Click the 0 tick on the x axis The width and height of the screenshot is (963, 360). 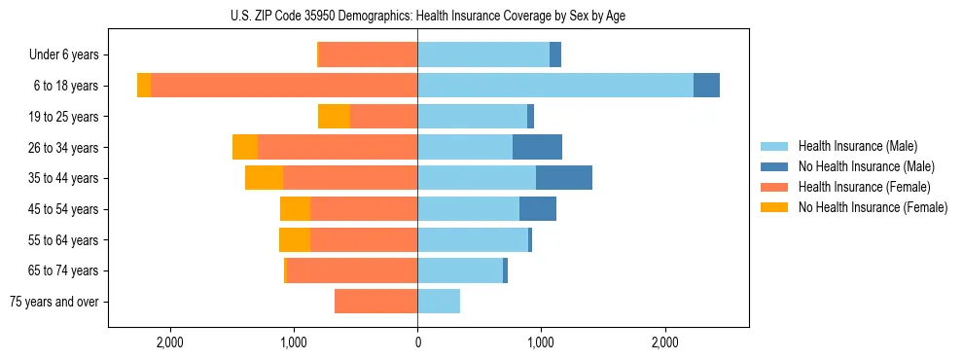click(417, 342)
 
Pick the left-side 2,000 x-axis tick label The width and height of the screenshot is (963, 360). click(170, 342)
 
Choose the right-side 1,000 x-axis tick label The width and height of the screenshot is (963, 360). click(541, 342)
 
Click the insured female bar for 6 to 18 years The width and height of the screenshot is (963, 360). click(284, 86)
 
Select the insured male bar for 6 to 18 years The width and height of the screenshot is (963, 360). click(554, 86)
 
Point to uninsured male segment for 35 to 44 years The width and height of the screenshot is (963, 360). click(564, 178)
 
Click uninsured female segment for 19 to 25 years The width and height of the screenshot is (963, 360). click(334, 117)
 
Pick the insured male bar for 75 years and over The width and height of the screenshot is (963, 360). click(439, 302)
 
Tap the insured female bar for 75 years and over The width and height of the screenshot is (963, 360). click(376, 302)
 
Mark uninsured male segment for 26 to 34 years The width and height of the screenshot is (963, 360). click(537, 147)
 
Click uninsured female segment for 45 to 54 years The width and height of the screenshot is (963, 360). click(295, 209)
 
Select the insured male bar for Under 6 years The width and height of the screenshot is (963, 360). click(483, 55)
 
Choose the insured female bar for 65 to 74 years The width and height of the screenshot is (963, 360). click(352, 270)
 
